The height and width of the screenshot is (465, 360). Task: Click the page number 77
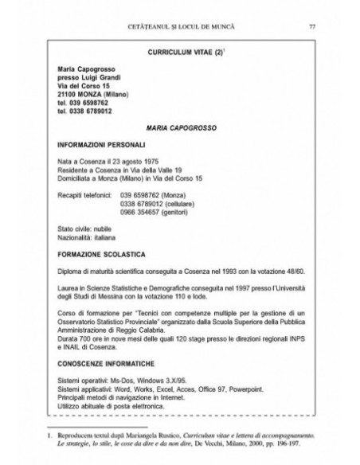(x=312, y=29)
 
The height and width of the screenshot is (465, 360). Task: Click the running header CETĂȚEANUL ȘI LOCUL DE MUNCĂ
(x=179, y=29)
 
